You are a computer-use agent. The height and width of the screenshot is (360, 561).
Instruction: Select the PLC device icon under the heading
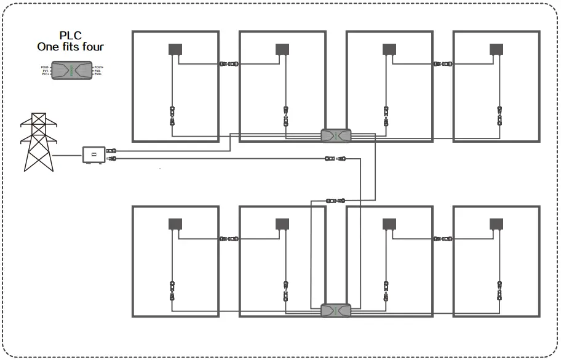72,70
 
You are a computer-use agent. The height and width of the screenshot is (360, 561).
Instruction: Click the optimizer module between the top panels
336,135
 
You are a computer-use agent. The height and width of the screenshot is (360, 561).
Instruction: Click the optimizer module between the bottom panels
336,310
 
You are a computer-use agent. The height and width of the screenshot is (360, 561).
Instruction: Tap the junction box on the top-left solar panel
175,49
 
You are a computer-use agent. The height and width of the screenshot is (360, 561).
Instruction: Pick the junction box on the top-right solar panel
495,49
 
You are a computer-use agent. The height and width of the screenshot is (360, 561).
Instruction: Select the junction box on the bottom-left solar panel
175,223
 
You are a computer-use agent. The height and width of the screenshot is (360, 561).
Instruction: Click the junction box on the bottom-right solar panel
495,223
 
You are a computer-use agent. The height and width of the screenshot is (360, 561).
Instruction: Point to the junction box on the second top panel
282,49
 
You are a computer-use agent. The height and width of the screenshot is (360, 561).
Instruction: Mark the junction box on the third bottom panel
389,223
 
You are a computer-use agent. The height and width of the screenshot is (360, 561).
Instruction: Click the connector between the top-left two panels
229,63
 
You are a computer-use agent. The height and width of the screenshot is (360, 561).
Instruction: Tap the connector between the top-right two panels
442,63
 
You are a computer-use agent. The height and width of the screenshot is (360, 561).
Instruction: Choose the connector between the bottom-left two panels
229,238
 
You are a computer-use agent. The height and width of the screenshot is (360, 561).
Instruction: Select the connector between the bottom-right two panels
442,238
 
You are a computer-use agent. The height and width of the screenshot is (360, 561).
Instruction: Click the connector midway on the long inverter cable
336,159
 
